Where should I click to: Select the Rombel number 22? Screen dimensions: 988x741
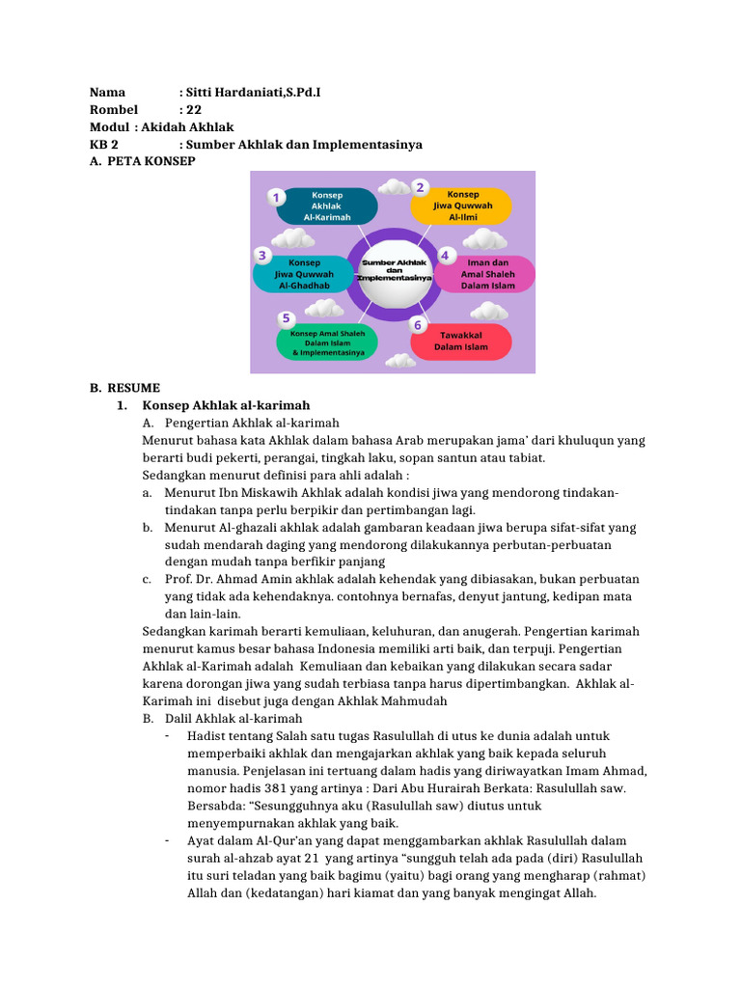[193, 110]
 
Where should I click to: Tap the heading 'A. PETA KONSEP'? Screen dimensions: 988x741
[143, 161]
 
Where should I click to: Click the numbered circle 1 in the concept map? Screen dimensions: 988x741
[277, 198]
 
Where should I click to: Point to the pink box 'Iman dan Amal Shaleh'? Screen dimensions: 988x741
[487, 274]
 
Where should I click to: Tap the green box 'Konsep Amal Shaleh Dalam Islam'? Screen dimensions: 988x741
[328, 343]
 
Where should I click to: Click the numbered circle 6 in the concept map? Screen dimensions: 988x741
[418, 325]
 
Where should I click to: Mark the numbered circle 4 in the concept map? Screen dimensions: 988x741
[445, 256]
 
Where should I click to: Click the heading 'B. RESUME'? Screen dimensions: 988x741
[125, 388]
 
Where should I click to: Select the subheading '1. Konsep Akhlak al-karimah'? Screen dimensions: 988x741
[226, 405]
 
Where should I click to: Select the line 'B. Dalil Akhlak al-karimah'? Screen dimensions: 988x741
[222, 718]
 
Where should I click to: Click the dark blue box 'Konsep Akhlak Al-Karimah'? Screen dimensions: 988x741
[326, 206]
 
